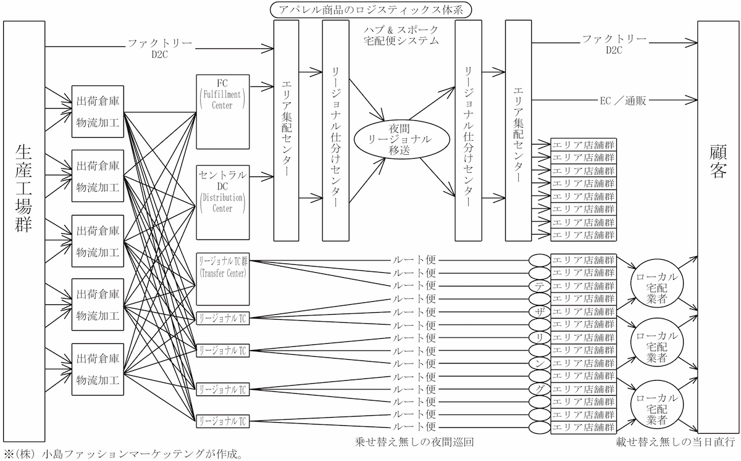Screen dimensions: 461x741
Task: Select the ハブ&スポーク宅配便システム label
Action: [x=401, y=35]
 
